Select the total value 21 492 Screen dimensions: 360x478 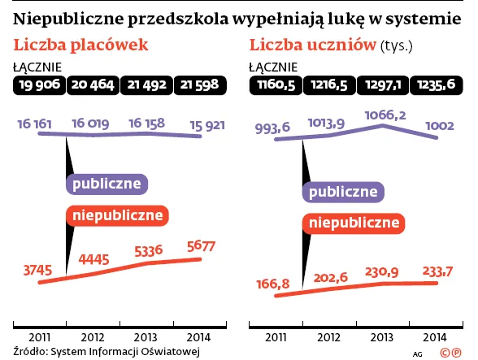point(147,85)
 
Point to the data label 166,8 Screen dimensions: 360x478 point(270,283)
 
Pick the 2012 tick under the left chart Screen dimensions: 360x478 point(93,336)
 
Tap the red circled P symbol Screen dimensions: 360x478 point(463,353)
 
